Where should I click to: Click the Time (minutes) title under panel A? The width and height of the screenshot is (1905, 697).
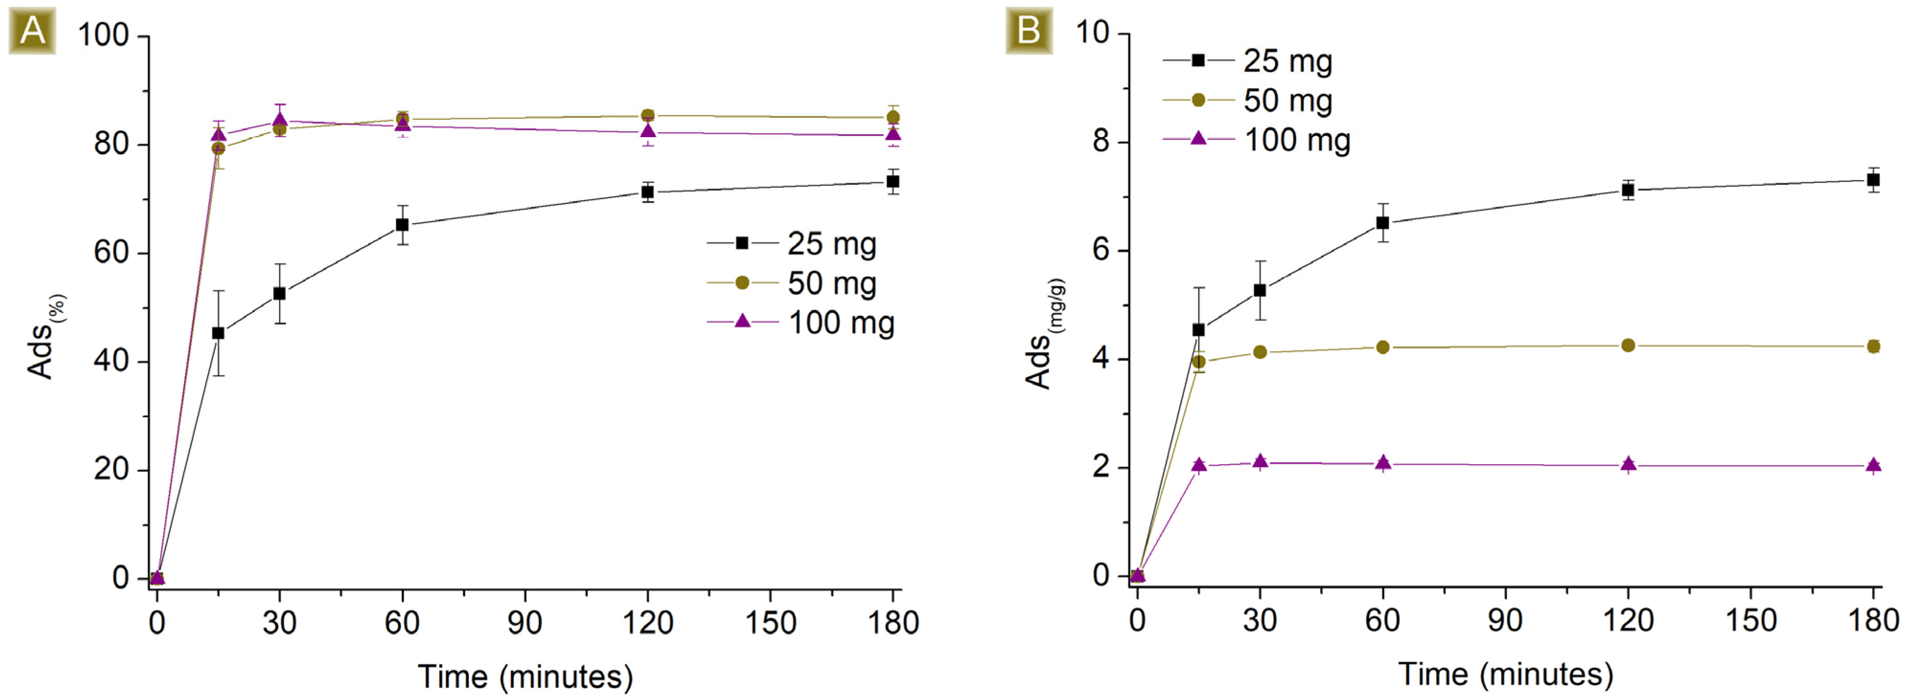coord(525,676)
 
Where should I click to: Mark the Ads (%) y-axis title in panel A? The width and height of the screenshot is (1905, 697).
coord(45,336)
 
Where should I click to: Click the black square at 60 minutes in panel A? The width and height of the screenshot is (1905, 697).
coord(402,225)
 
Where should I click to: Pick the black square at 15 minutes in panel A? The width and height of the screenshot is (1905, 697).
coord(218,333)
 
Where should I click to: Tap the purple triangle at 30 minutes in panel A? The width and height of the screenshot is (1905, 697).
coord(280,120)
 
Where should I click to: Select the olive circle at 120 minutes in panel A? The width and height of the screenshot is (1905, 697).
coord(648,115)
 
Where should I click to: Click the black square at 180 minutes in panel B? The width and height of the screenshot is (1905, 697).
coord(1873,180)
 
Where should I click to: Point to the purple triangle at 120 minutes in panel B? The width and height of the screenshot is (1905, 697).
coord(1628,464)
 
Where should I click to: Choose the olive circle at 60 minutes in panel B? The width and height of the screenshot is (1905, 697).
coord(1382,347)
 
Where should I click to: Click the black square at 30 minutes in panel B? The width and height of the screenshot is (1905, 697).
coord(1260,290)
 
